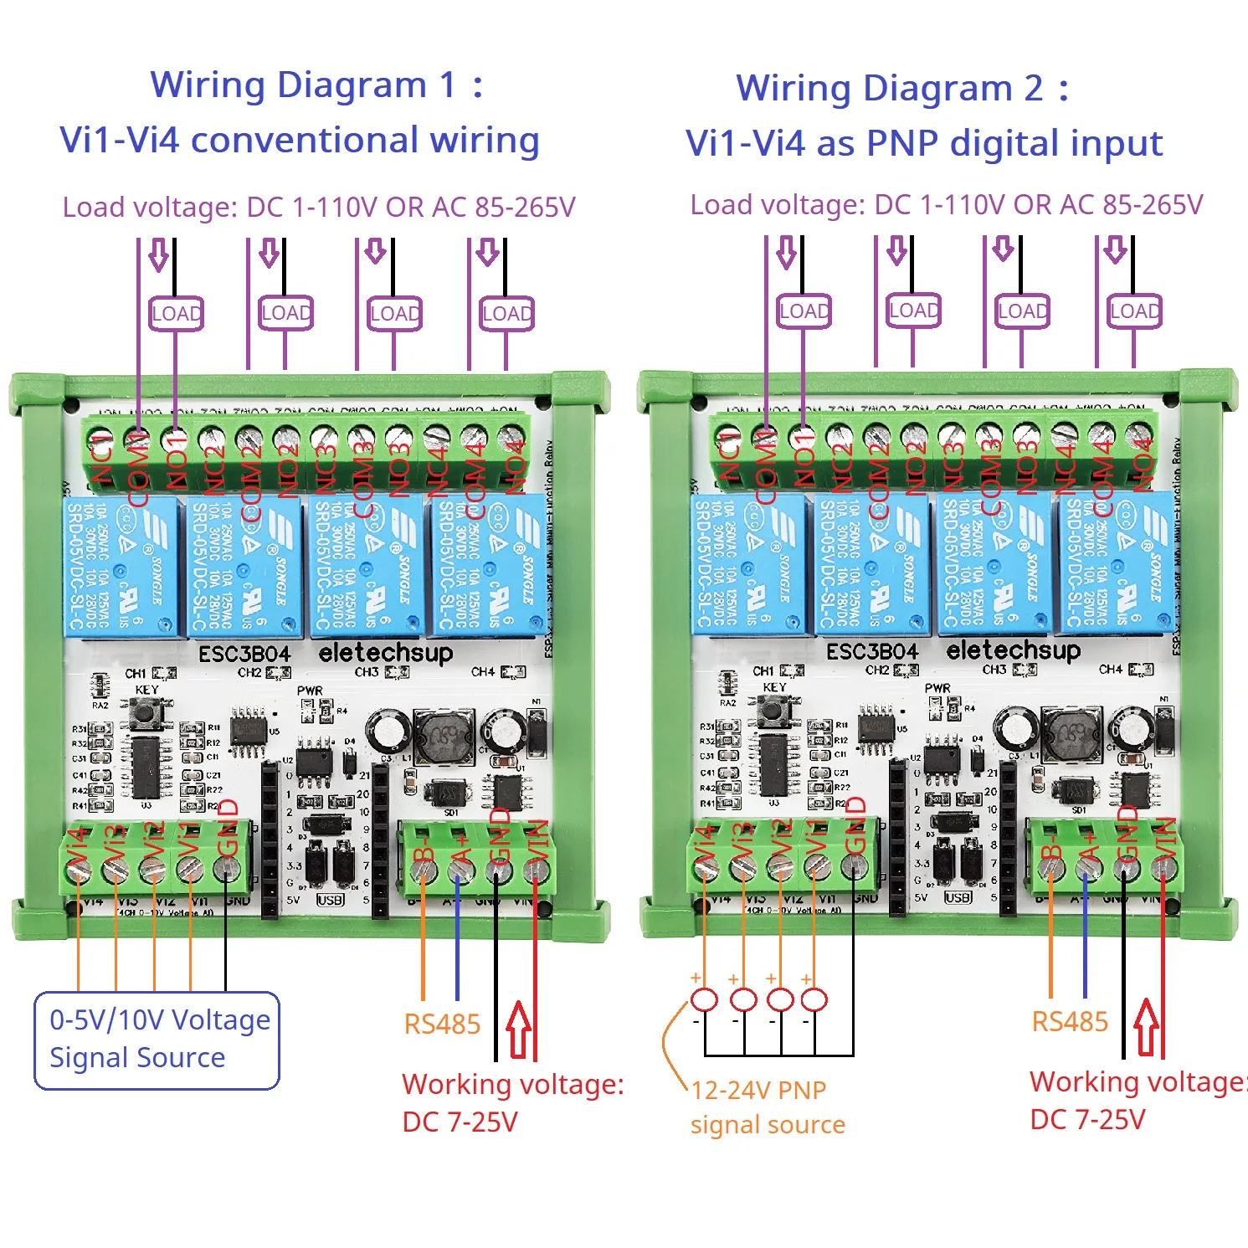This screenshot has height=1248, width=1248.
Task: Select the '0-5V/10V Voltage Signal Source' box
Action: [x=157, y=1040]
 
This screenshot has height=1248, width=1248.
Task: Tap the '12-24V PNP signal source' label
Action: [x=766, y=1107]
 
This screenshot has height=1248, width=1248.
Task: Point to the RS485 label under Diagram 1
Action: [x=442, y=1024]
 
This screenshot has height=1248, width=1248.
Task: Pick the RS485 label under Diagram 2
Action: [x=1069, y=1021]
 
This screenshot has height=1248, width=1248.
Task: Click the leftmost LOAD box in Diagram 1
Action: [x=176, y=314]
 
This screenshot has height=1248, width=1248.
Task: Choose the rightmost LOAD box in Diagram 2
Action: [x=1134, y=311]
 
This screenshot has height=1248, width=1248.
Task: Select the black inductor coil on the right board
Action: [x=1070, y=734]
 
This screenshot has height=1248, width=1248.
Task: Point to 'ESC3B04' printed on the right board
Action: [x=871, y=651]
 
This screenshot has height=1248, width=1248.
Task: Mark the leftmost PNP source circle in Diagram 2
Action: [x=704, y=999]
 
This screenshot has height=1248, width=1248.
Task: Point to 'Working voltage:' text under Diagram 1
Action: [x=512, y=1084]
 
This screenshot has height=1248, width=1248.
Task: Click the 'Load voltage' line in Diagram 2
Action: [x=946, y=205]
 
